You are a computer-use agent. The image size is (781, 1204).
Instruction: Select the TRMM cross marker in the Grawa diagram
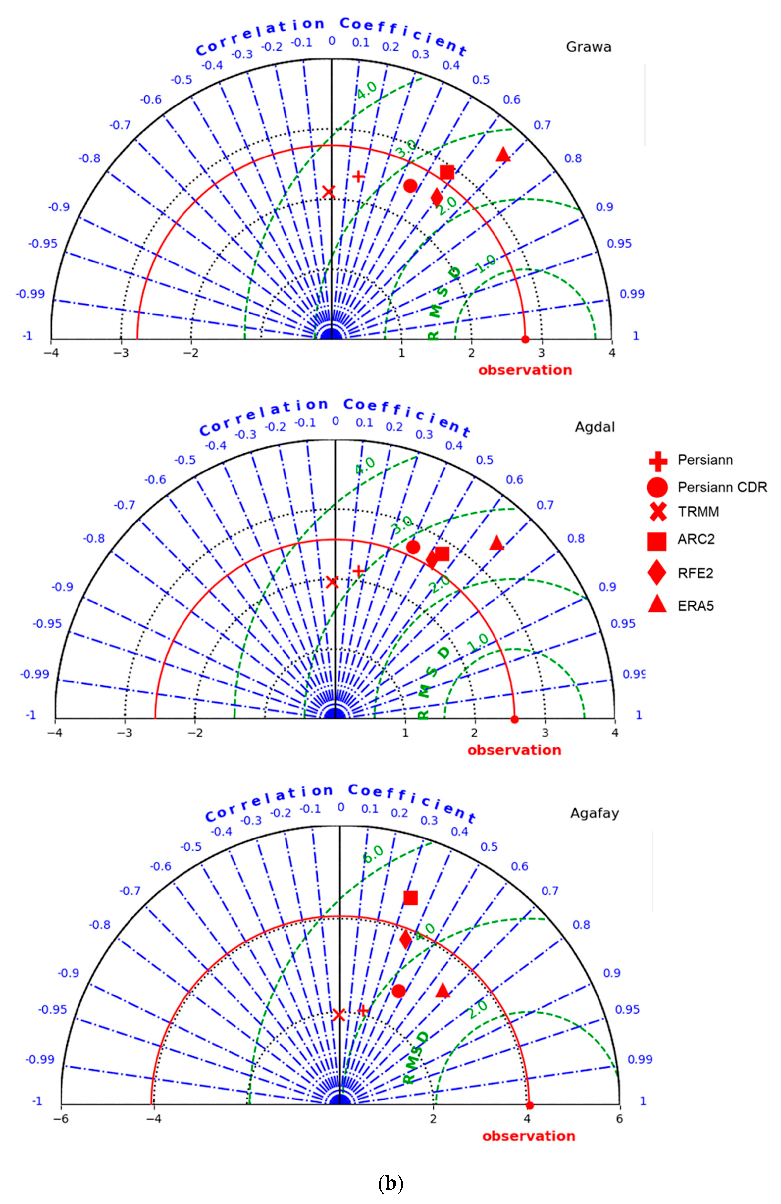click(x=329, y=192)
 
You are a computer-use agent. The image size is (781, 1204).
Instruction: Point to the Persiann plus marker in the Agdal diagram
click(x=359, y=571)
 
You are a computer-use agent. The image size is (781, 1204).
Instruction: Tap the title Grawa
click(x=588, y=47)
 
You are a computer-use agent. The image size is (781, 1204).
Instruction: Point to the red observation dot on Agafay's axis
click(x=530, y=1105)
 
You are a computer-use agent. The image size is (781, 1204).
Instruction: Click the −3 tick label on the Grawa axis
click(x=121, y=353)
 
